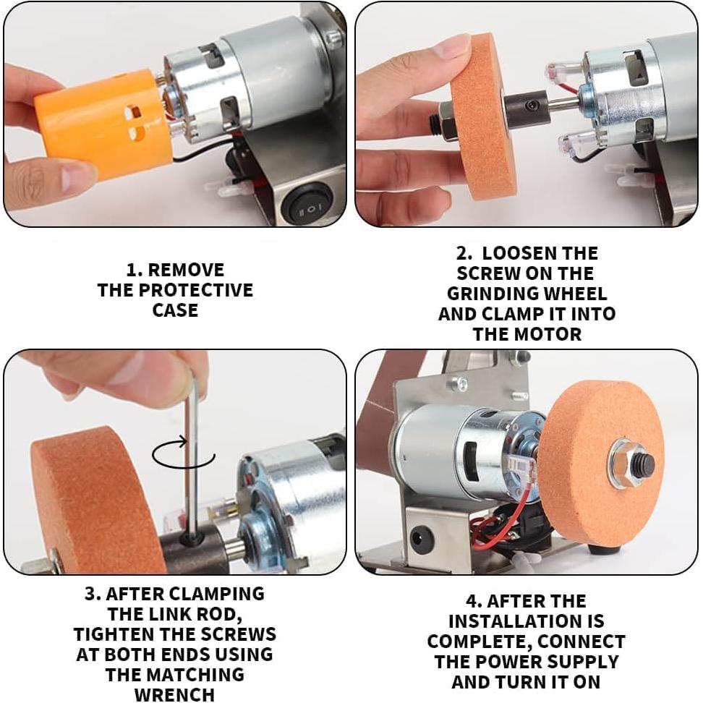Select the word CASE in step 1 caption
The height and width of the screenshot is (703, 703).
click(x=175, y=310)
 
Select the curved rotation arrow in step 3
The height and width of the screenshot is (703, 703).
click(x=184, y=456)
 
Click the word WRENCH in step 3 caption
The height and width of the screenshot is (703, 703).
click(x=174, y=694)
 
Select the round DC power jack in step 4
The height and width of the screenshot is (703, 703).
click(x=421, y=540)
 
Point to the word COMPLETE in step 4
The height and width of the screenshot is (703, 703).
click(x=478, y=642)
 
